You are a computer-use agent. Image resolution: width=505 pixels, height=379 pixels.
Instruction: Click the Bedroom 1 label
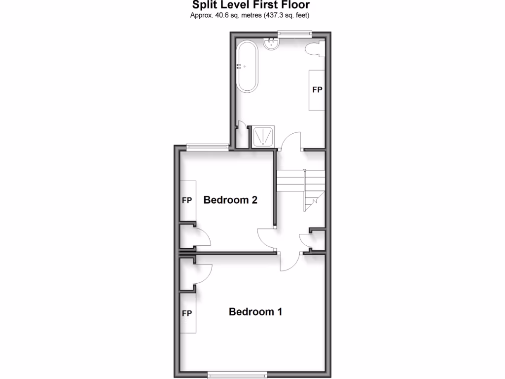pos(255,312)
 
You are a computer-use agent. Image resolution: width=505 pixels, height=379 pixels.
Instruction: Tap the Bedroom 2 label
pos(230,200)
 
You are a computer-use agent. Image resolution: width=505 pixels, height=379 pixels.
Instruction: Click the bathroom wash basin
pos(272,44)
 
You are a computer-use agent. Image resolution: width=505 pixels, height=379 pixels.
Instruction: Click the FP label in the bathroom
pos(317,90)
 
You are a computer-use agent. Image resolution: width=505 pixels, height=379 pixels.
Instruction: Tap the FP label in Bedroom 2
pos(187,200)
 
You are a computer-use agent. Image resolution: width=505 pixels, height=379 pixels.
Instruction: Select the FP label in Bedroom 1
pos(187,313)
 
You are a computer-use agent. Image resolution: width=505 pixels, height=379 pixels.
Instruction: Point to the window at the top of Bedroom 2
pos(207,146)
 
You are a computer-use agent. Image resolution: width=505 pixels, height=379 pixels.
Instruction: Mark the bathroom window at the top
pos(294,34)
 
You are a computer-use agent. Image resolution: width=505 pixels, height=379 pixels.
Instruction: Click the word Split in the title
pos(203,5)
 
